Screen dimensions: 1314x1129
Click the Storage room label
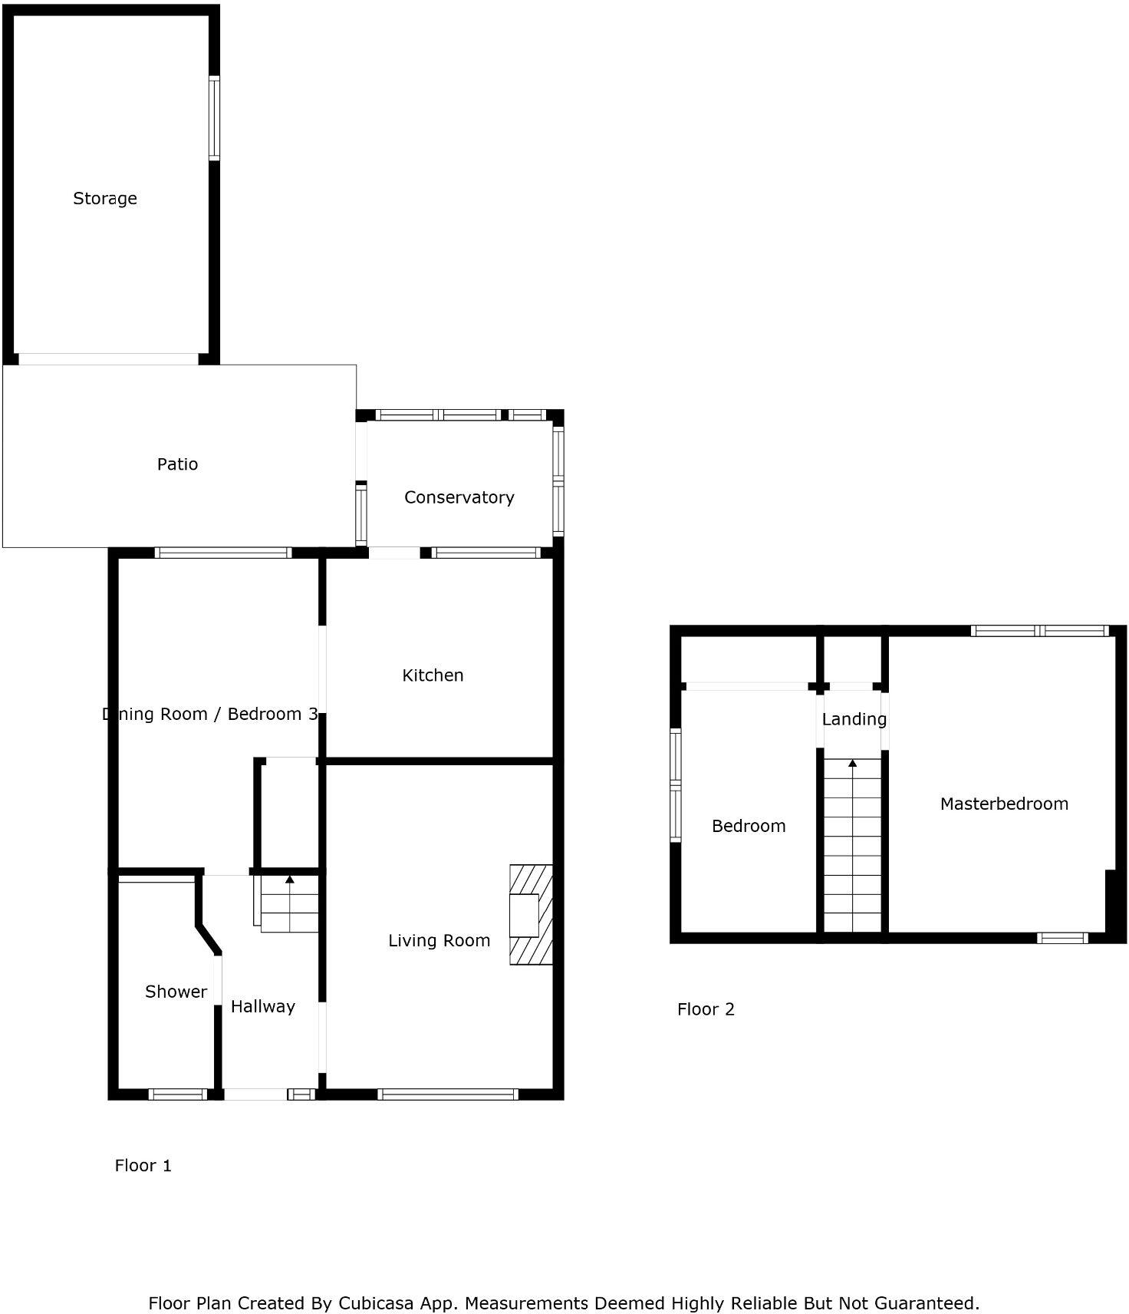click(105, 199)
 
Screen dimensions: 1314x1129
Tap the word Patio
click(177, 464)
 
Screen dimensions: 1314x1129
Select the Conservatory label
click(459, 497)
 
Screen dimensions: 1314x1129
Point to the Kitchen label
click(433, 675)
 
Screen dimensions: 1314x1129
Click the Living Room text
click(439, 941)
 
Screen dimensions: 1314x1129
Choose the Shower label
click(176, 992)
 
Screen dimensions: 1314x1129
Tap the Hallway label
click(262, 1007)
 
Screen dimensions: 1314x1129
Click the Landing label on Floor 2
click(854, 719)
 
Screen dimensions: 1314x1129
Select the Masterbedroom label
click(1004, 804)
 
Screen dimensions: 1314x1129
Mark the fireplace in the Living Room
click(530, 915)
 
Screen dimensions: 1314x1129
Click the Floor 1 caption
click(143, 1166)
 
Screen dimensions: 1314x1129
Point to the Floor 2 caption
click(706, 1009)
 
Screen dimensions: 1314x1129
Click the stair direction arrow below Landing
click(852, 764)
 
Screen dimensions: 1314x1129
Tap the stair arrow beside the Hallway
click(289, 880)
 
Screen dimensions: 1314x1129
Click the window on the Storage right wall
click(214, 118)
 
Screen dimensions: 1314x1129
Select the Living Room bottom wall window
click(448, 1094)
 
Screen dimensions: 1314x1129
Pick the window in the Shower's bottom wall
click(177, 1094)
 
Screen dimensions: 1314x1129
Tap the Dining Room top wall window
click(223, 553)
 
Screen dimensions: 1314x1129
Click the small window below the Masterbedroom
click(1062, 938)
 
